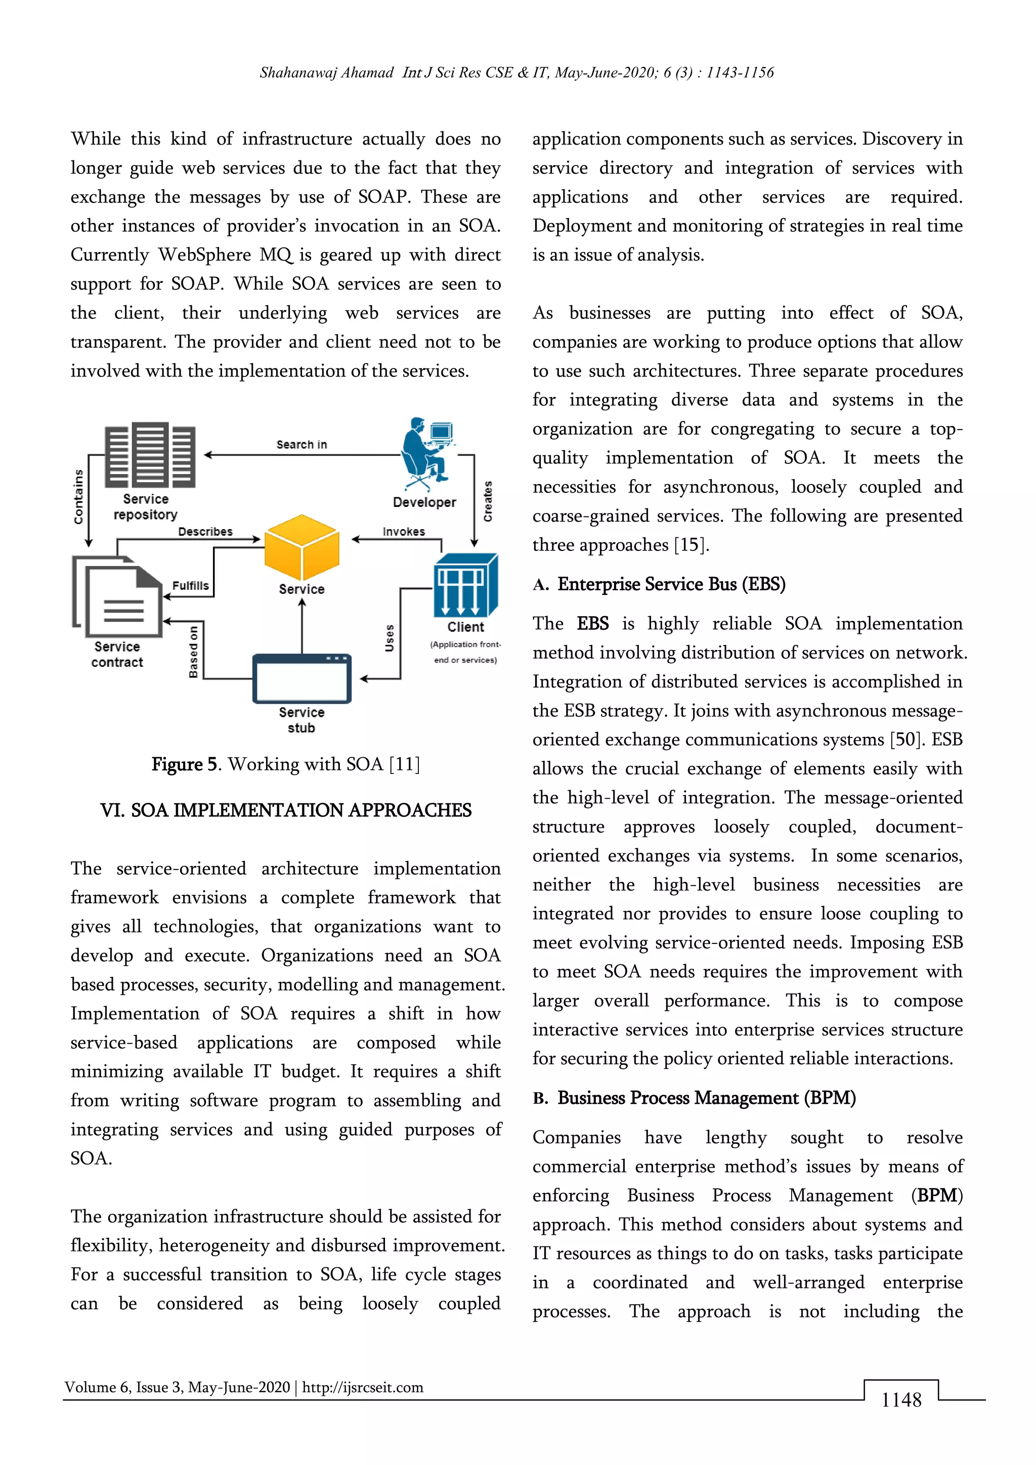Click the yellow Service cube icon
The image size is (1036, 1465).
301,546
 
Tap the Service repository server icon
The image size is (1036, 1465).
150,454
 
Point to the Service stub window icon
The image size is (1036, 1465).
301,678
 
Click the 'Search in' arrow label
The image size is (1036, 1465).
301,445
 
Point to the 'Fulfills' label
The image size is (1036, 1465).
190,586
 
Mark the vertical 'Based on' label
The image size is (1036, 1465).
193,652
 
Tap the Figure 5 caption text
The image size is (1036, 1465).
285,764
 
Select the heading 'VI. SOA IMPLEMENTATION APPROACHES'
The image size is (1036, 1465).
285,810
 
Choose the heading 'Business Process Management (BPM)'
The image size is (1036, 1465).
706,1098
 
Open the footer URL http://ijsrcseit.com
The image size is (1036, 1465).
362,1387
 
